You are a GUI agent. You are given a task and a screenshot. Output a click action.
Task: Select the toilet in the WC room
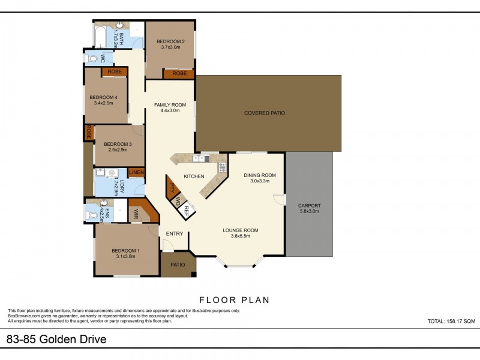pyautogui.click(x=92, y=59)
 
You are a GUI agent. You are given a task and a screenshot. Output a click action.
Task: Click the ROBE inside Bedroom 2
pyautogui.click(x=179, y=74)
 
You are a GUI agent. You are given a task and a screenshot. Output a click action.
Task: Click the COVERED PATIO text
pyautogui.click(x=264, y=113)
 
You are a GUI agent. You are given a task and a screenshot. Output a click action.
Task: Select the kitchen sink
pyautogui.click(x=200, y=159)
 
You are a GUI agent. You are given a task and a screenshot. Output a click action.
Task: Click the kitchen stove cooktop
pyautogui.click(x=221, y=167)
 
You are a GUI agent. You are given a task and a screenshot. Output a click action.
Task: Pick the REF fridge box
pyautogui.click(x=187, y=210)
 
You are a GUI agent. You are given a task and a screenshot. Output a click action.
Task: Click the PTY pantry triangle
pyautogui.click(x=172, y=188)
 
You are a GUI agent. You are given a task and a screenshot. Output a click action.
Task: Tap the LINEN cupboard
pyautogui.click(x=136, y=173)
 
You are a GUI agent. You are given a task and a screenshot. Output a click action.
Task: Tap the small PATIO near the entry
pyautogui.click(x=178, y=265)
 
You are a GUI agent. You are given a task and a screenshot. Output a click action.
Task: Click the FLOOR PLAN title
pyautogui.click(x=234, y=299)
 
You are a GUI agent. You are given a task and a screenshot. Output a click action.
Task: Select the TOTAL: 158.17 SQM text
pyautogui.click(x=451, y=322)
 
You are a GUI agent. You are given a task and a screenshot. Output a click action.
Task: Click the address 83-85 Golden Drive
pyautogui.click(x=56, y=340)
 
